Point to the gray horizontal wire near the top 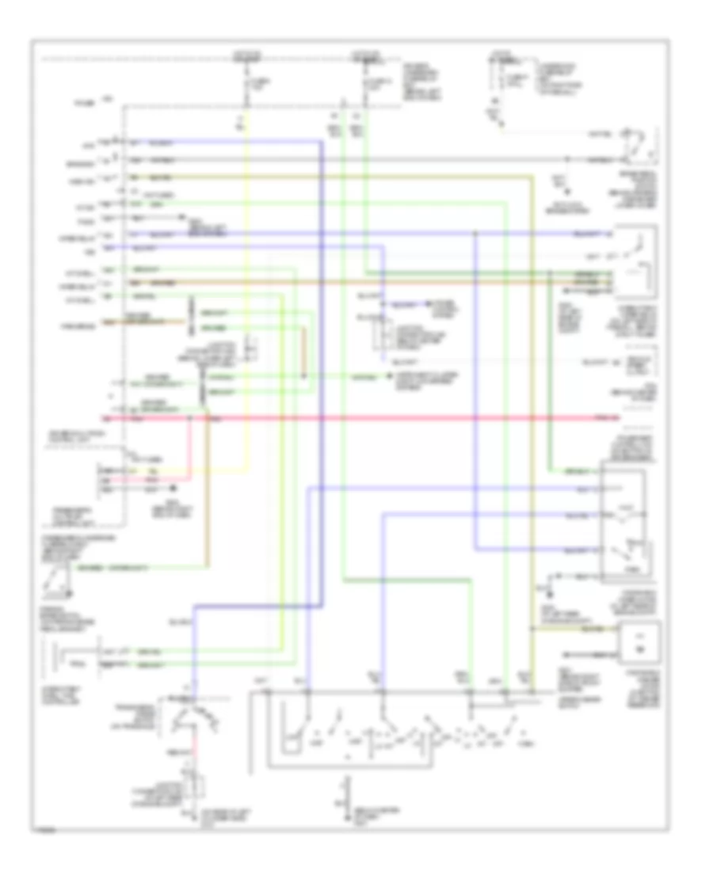click(356, 159)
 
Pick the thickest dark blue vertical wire click(322, 396)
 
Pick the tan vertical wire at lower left click(208, 491)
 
